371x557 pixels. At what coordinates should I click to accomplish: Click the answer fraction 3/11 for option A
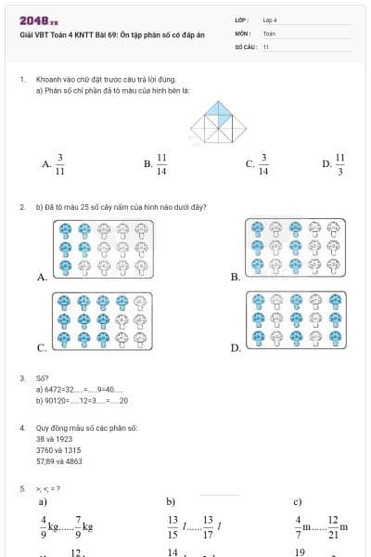[x=59, y=163]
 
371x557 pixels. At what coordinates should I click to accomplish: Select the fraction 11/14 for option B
[x=161, y=163]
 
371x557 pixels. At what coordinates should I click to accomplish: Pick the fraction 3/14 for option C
[x=263, y=163]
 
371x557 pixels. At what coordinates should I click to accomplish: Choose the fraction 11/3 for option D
[x=339, y=163]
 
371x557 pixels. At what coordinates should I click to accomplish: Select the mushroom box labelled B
[x=294, y=248]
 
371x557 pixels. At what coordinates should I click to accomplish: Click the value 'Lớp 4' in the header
[x=270, y=19]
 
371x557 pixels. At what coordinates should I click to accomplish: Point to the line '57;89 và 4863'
[x=58, y=460]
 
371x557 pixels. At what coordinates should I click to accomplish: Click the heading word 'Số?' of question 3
[x=42, y=379]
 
